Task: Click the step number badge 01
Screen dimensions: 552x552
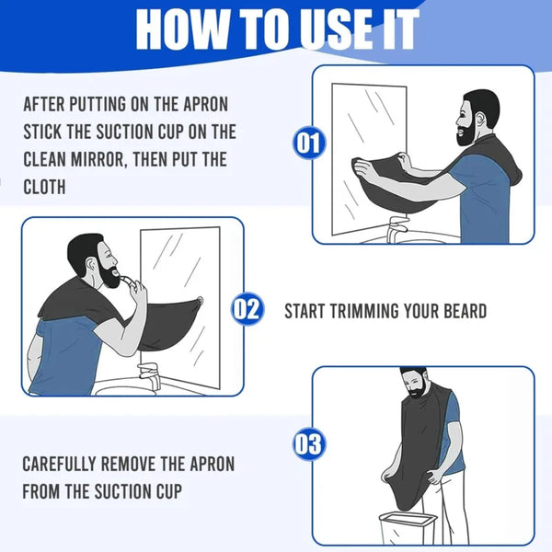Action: click(x=309, y=143)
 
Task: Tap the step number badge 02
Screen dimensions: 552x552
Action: click(x=247, y=309)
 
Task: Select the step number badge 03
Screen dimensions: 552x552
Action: click(x=309, y=444)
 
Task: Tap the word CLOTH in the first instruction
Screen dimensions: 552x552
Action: click(x=44, y=187)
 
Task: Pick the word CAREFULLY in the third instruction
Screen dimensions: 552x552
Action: click(x=59, y=464)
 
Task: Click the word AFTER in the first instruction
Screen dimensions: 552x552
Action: click(x=44, y=105)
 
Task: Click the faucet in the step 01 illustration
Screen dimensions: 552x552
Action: click(x=397, y=229)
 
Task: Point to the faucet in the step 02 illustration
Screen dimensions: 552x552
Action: click(x=150, y=378)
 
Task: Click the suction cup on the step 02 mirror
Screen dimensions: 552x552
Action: click(x=200, y=301)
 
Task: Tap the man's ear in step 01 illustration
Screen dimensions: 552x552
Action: click(x=479, y=120)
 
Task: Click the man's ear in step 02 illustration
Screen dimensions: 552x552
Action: click(x=91, y=265)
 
